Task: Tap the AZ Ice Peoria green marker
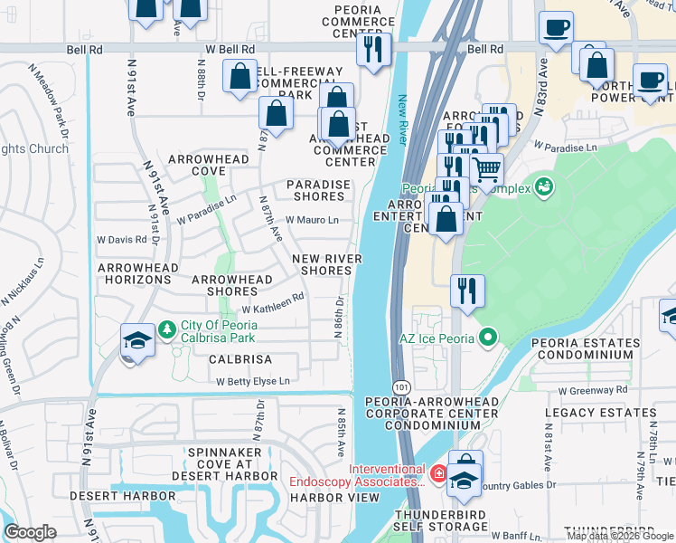click(489, 339)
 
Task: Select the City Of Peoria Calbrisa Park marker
click(166, 329)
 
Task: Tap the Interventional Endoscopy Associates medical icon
click(438, 473)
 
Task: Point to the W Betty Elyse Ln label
click(253, 382)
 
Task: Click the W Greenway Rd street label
click(592, 391)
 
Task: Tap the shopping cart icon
click(487, 168)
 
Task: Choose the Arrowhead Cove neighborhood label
click(208, 165)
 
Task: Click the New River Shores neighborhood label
click(326, 264)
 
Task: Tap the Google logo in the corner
click(30, 532)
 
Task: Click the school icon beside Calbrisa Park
click(137, 340)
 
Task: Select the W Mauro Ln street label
click(312, 220)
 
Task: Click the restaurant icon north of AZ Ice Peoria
click(467, 291)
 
